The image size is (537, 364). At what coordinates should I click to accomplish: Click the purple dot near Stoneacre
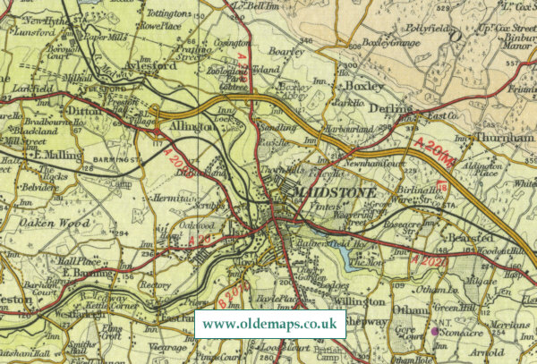[435, 331]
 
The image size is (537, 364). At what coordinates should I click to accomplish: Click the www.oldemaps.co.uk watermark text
[269, 324]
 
